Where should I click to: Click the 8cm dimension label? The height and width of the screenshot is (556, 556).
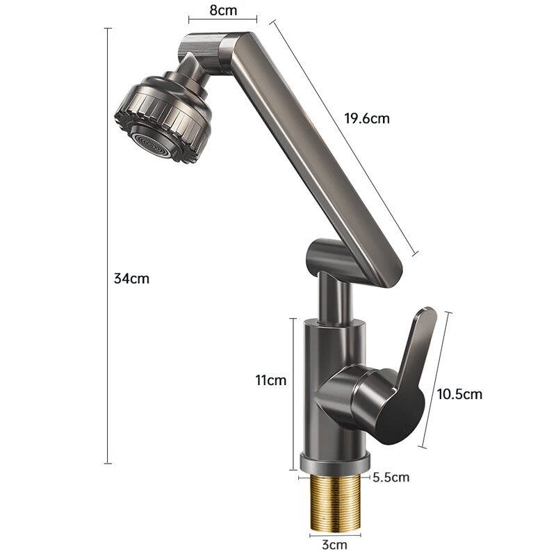tap(223, 10)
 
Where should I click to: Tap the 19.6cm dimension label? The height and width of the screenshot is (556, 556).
tap(367, 118)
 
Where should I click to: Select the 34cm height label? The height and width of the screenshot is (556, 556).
tap(131, 279)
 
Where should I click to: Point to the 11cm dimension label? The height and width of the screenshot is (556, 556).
tap(270, 380)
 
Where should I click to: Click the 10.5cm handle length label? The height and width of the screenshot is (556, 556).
tap(459, 394)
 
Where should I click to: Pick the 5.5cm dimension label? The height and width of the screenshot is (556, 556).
tap(391, 477)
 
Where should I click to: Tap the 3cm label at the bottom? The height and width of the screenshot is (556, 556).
tap(334, 544)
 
